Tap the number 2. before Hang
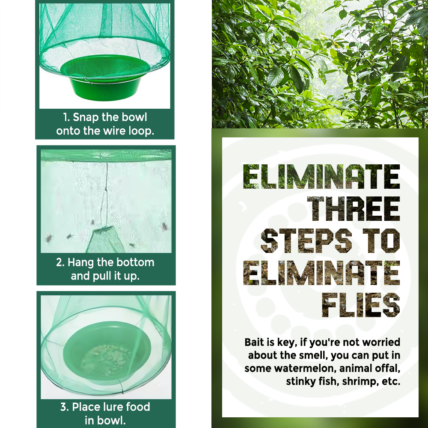tap(60, 262)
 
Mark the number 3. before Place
tap(65, 407)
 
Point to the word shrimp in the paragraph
tap(358, 381)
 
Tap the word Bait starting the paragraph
tap(255, 342)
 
